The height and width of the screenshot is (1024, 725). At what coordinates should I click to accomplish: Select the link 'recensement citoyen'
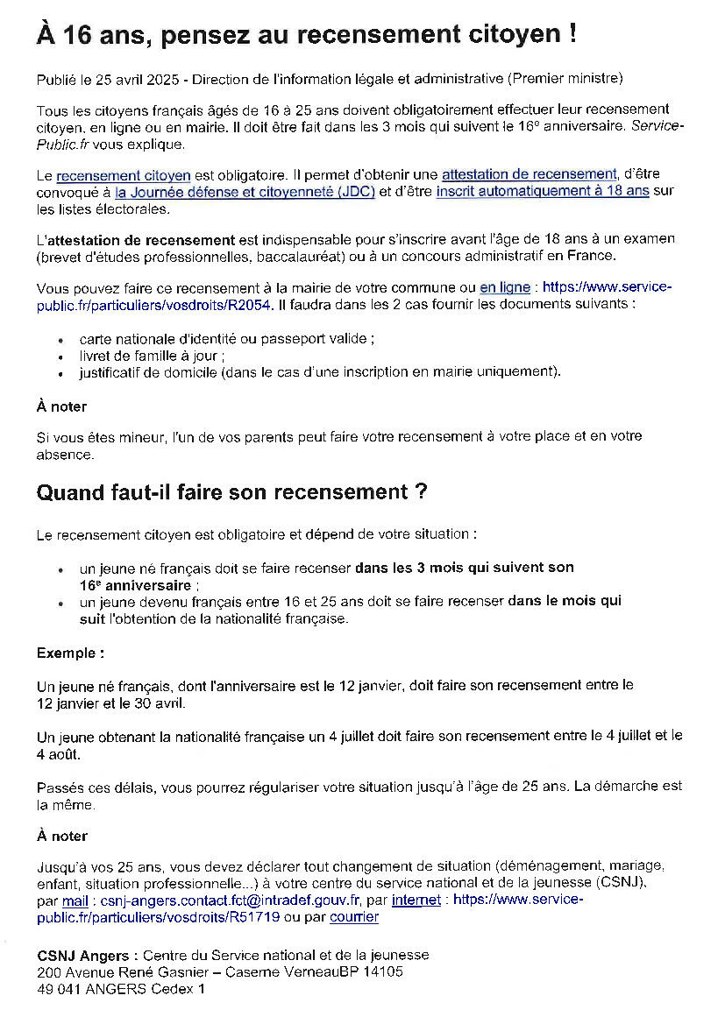[x=124, y=175]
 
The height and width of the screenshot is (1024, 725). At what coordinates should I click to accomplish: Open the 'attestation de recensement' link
[x=529, y=174]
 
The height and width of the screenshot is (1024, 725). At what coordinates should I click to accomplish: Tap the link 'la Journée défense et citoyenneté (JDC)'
[x=245, y=192]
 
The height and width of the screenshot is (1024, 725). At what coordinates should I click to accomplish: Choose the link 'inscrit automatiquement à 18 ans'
[x=543, y=192]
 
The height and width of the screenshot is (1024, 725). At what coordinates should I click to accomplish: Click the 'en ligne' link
[x=505, y=287]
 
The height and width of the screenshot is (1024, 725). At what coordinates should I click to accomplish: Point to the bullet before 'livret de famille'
[x=60, y=357]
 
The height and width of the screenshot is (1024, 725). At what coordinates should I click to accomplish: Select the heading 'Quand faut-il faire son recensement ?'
[x=231, y=492]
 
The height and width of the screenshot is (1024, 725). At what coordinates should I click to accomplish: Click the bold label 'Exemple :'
[x=70, y=653]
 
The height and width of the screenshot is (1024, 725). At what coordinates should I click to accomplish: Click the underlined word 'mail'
[x=75, y=900]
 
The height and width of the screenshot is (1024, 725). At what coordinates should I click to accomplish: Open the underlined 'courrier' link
[x=354, y=917]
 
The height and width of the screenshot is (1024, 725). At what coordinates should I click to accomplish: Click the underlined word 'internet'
[x=416, y=900]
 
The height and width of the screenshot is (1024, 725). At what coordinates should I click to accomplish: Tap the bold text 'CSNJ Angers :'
[x=87, y=955]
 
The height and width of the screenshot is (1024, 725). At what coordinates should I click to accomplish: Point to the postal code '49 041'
[x=57, y=989]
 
